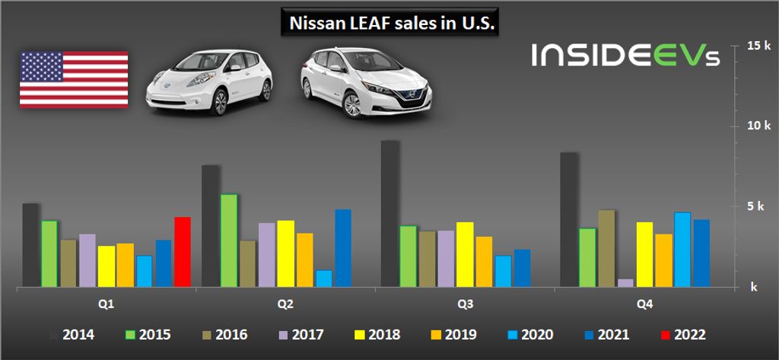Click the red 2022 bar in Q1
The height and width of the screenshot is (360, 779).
click(182, 252)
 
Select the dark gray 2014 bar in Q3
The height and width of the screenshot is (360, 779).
click(389, 214)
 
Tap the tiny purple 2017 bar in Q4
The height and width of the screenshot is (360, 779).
click(625, 282)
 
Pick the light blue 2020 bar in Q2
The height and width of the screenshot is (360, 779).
click(324, 279)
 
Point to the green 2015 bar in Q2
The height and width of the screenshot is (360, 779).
click(229, 241)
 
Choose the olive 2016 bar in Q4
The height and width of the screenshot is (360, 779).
click(606, 248)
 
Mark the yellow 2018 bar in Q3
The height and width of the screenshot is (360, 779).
click(465, 254)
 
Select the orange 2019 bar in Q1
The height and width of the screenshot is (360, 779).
click(125, 265)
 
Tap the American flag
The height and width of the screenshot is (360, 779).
click(74, 79)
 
